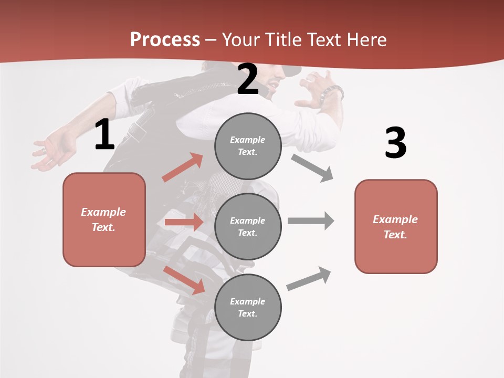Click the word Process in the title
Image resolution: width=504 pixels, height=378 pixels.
point(165,39)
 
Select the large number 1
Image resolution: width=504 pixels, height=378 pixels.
point(104,135)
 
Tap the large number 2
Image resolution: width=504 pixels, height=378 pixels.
point(248,79)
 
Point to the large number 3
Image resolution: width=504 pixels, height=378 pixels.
point(395,143)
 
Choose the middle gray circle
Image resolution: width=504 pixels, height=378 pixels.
point(248,226)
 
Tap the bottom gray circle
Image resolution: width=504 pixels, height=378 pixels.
point(248,307)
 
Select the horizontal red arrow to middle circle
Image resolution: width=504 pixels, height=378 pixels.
point(184,222)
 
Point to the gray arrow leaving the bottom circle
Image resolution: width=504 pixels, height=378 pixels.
point(309,279)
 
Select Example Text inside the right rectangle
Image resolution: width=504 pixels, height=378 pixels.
point(395,227)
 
